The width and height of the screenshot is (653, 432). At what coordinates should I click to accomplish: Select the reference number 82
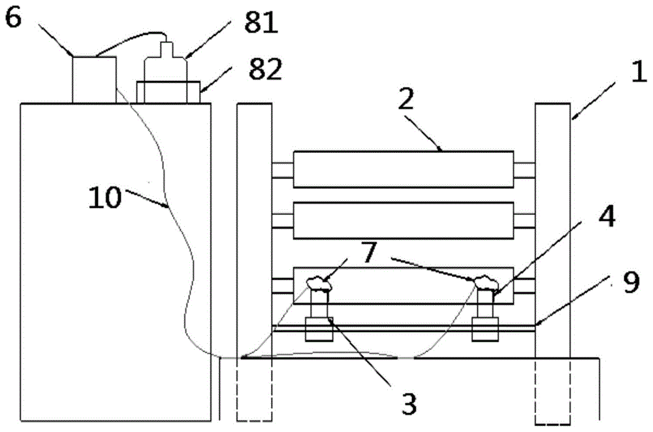264,69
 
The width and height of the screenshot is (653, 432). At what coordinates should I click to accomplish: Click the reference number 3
408,403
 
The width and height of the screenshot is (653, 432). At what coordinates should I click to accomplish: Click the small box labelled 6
94,79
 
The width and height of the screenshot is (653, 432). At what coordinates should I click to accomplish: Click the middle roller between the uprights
403,220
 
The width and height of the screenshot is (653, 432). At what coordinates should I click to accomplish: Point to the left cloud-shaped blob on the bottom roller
318,283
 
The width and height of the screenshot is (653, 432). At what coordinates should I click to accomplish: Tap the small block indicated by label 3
319,328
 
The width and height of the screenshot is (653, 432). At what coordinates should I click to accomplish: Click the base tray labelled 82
168,91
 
